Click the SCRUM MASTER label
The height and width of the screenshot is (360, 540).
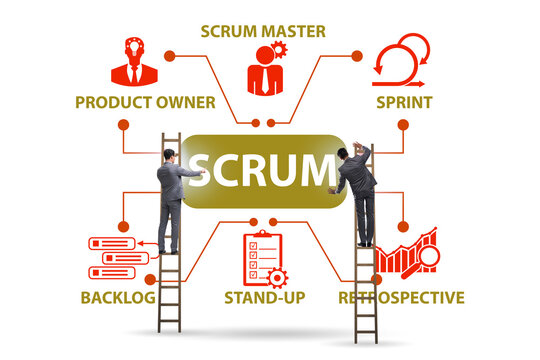262,28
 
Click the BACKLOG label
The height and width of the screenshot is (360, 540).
119,297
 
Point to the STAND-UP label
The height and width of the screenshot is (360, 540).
264,297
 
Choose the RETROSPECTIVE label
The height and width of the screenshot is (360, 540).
401,297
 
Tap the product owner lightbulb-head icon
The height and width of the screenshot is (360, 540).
134,62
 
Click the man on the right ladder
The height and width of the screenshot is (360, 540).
355,195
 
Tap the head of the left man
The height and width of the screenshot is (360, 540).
169,156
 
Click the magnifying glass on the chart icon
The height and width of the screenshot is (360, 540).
429,256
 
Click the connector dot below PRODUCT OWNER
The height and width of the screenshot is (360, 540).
124,125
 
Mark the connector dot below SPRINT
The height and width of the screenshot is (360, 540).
402,125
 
